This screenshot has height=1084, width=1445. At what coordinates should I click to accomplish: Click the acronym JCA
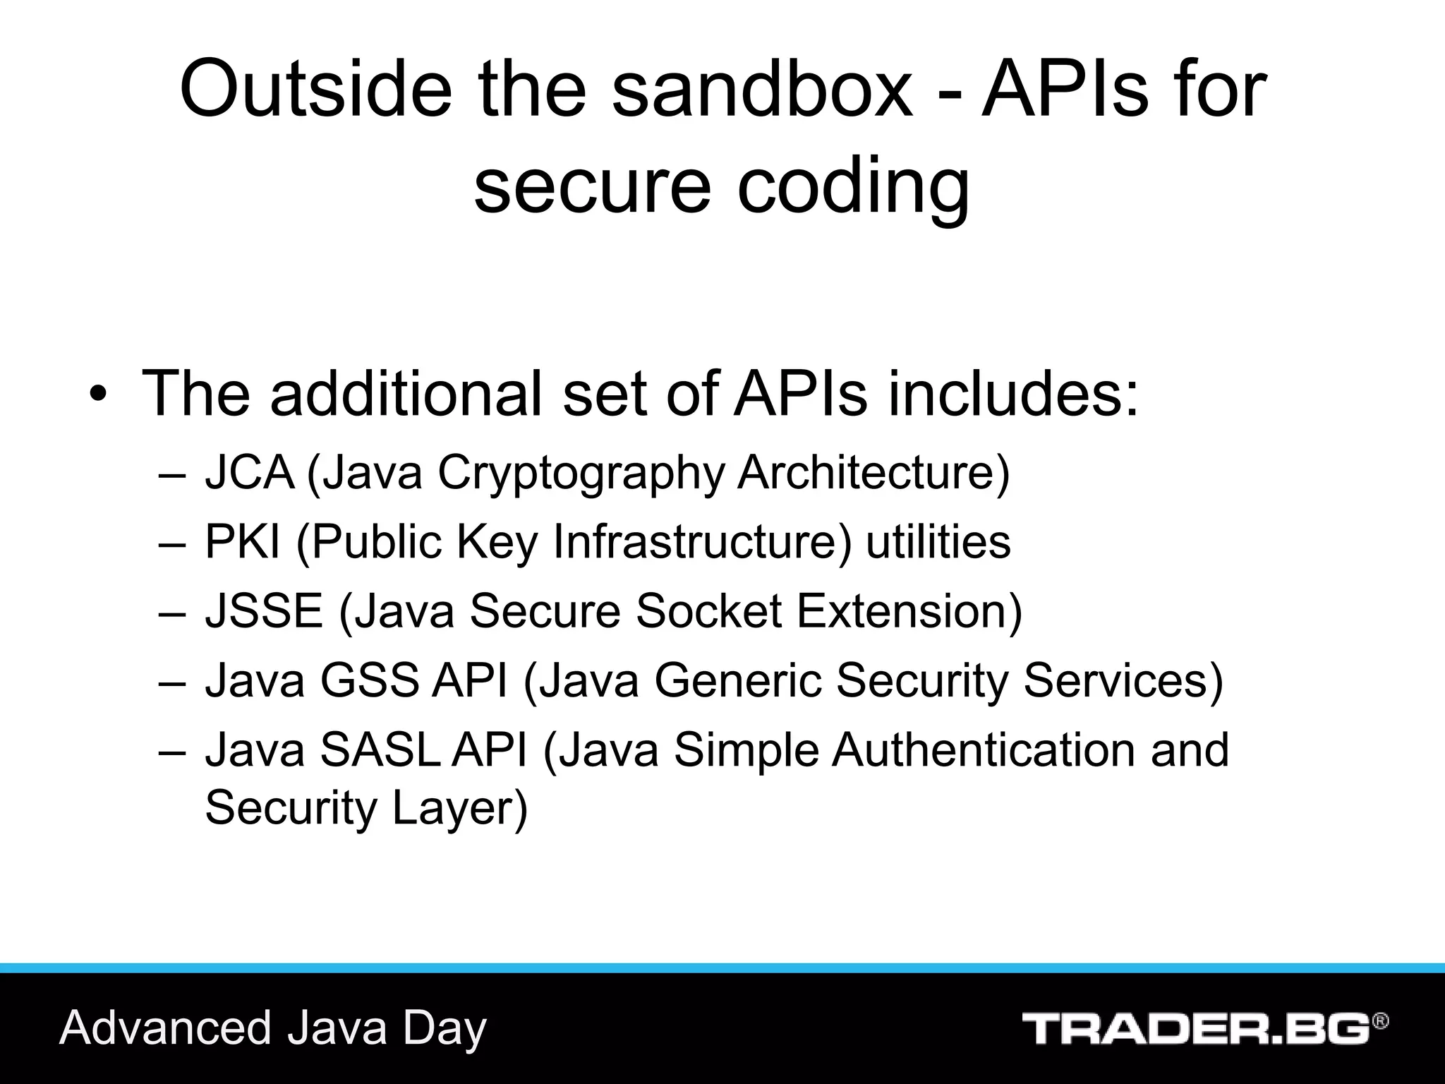click(249, 472)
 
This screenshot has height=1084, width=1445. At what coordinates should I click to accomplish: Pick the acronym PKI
click(243, 541)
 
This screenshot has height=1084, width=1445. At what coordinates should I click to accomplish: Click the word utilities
click(938, 541)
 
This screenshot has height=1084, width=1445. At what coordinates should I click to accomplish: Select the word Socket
click(708, 610)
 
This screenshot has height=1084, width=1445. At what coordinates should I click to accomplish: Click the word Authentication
click(984, 749)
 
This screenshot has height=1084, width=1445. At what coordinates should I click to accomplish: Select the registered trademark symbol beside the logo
click(1380, 1021)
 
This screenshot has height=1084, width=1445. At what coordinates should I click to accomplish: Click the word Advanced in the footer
click(166, 1028)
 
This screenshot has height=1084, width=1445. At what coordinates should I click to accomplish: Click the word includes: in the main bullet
click(1012, 394)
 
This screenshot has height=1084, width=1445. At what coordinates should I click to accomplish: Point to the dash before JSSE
click(172, 612)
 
